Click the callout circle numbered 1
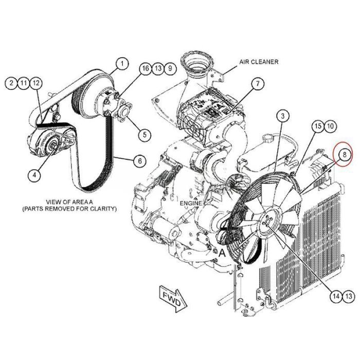pyautogui.click(x=122, y=64)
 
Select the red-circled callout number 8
pyautogui.click(x=343, y=153)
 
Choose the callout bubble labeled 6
pyautogui.click(x=138, y=161)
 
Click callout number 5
pyautogui.click(x=145, y=135)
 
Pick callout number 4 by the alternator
pyautogui.click(x=34, y=175)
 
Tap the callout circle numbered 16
pyautogui.click(x=145, y=68)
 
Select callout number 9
pyautogui.click(x=170, y=68)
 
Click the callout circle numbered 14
pyautogui.click(x=336, y=296)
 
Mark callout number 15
pyautogui.click(x=318, y=125)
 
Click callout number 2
pyautogui.click(x=11, y=82)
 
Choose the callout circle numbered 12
pyautogui.click(x=35, y=82)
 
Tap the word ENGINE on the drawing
pyautogui.click(x=190, y=204)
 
